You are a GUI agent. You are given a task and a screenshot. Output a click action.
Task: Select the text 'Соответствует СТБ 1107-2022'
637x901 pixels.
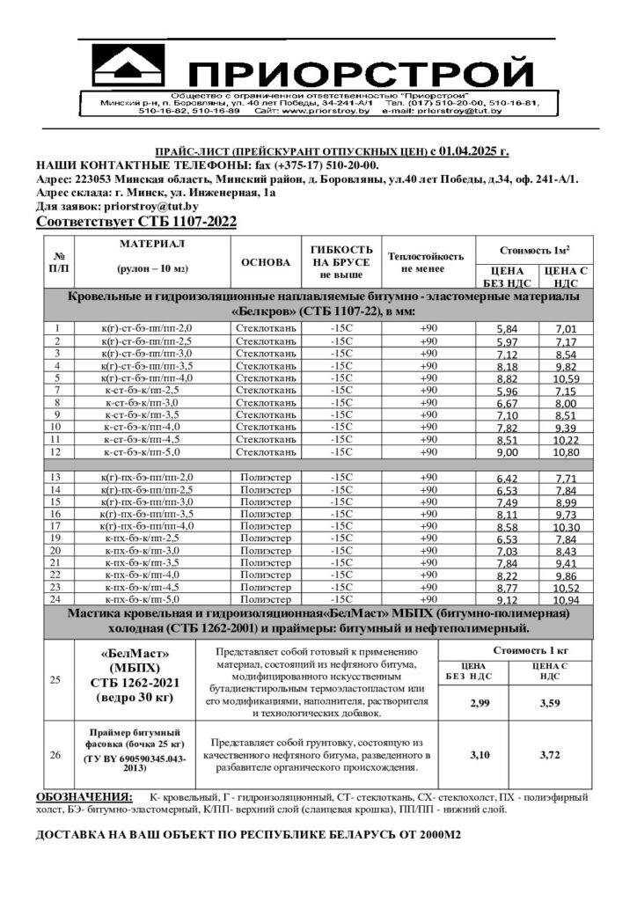click(136, 221)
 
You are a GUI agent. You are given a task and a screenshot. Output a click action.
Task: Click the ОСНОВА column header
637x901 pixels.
click(265, 262)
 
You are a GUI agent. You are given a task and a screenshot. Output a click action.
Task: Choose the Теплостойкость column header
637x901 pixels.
click(427, 262)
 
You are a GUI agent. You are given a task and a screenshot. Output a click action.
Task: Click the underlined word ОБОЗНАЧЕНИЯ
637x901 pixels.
click(84, 796)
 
